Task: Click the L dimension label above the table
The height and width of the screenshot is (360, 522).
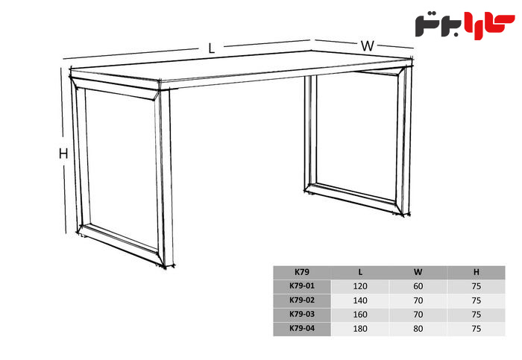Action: (x=211, y=48)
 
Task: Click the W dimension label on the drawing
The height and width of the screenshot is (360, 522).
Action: (x=368, y=46)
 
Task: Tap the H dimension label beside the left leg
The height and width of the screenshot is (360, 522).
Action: (x=63, y=154)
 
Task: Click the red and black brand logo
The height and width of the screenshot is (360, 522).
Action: (x=465, y=25)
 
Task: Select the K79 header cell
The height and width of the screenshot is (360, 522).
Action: (x=302, y=272)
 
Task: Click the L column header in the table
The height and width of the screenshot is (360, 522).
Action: (x=360, y=272)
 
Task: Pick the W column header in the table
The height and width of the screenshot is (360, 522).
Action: (x=418, y=272)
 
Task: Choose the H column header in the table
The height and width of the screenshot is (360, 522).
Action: (x=477, y=272)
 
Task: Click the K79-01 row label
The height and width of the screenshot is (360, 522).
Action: (x=302, y=285)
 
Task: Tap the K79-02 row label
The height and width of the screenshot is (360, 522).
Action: (x=302, y=300)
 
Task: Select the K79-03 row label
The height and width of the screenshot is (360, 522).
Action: (x=302, y=314)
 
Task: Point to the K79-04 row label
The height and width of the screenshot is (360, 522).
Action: (x=302, y=328)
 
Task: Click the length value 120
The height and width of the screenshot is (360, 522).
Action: (x=360, y=286)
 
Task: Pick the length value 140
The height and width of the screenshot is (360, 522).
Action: (x=360, y=300)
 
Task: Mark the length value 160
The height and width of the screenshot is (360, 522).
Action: (x=360, y=315)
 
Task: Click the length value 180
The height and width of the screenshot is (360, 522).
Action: (x=360, y=329)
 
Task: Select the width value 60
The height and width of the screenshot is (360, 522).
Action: (x=418, y=286)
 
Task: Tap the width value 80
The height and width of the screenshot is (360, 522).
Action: (x=418, y=329)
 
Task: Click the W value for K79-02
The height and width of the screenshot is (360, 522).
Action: (x=418, y=300)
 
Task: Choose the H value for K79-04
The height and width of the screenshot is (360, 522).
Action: (x=477, y=329)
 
